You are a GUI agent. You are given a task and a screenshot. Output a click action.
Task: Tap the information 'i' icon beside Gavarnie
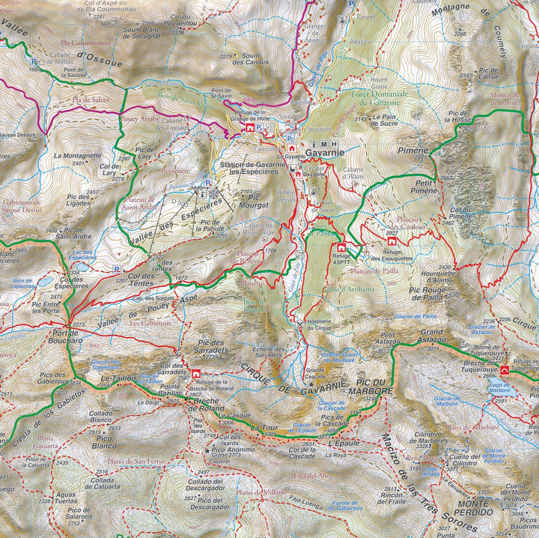[x=314, y=144]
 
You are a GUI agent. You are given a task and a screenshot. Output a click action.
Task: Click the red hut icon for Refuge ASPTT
[x=341, y=247]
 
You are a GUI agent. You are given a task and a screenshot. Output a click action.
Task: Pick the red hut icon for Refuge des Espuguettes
[x=391, y=242]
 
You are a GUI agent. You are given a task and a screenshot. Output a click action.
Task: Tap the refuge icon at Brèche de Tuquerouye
[x=506, y=370]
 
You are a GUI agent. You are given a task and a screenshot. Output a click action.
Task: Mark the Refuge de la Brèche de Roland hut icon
[x=195, y=374]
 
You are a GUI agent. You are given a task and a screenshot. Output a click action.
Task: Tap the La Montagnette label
[x=77, y=156]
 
